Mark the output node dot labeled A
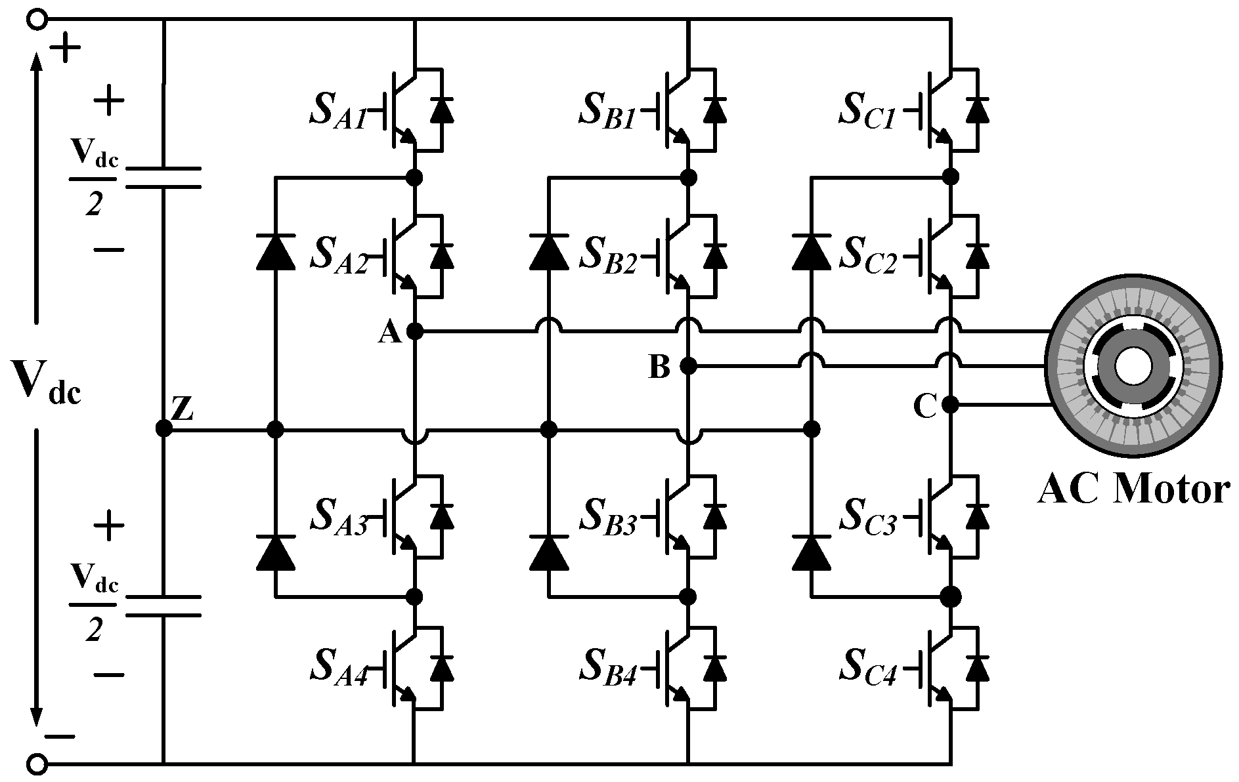point(415,331)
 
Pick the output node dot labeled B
point(688,366)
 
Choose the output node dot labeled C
point(950,405)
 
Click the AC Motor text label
point(1133,490)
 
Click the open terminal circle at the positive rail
point(38,20)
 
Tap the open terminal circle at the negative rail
point(38,763)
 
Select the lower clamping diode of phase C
point(812,553)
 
